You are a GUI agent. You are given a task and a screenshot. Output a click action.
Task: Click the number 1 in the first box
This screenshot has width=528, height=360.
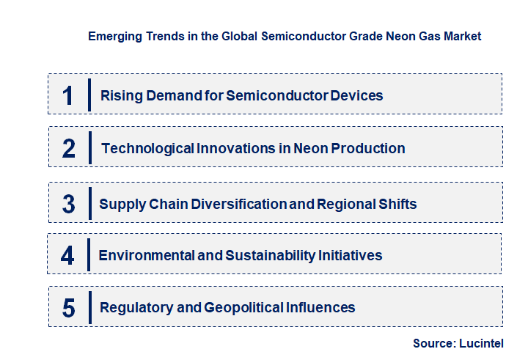(68, 95)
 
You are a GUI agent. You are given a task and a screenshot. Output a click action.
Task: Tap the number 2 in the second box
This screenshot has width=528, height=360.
(69, 149)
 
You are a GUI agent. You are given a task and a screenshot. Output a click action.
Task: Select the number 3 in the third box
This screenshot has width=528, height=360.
(68, 204)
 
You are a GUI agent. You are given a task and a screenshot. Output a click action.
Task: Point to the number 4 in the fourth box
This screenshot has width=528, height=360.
(67, 255)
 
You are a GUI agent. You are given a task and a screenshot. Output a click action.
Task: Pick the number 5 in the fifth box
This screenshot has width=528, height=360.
(68, 308)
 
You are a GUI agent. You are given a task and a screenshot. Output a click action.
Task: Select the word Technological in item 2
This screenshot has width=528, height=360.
(147, 148)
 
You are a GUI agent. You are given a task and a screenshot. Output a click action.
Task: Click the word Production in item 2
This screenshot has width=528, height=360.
(368, 148)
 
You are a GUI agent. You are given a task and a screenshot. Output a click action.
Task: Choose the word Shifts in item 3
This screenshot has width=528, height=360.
(397, 204)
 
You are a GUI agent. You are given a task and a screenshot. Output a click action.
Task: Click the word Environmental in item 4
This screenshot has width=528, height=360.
(144, 255)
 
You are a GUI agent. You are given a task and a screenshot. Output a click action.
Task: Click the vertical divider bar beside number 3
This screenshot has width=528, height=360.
(89, 202)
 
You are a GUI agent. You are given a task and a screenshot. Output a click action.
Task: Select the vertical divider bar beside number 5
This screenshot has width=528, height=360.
(89, 306)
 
